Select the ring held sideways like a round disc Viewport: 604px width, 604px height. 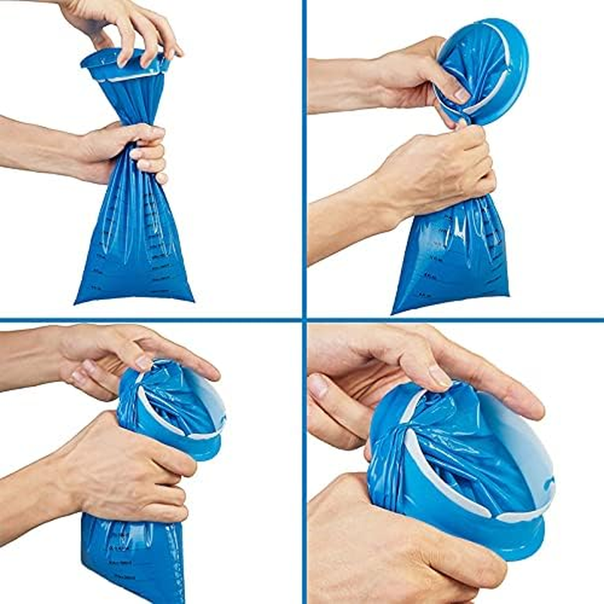pos(483,72)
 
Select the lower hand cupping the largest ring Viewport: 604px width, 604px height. pos(377,544)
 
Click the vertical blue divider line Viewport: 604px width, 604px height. pos(304,151)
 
